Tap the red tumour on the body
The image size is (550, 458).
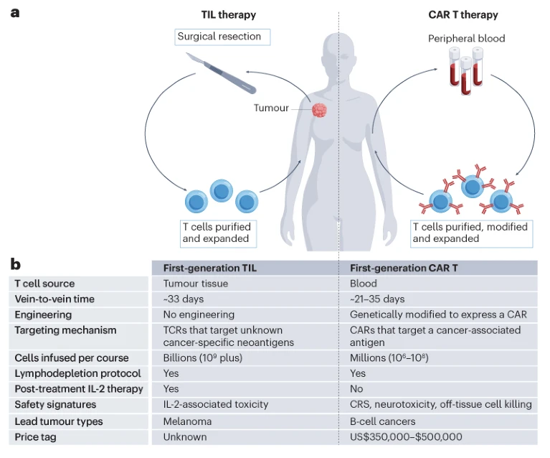[x=319, y=110]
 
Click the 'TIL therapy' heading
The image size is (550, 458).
[x=229, y=14]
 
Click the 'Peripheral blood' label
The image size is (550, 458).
[x=466, y=38]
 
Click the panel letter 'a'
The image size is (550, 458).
[x=15, y=12]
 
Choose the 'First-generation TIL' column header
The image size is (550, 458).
[x=209, y=268]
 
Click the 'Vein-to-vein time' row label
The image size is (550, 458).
[x=54, y=299]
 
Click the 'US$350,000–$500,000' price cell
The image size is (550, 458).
[x=406, y=436]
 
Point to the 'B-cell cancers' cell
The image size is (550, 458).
[x=383, y=421]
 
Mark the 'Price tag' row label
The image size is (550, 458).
[x=37, y=436]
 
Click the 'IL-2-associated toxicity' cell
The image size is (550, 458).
[x=215, y=404]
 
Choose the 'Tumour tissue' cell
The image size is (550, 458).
[x=196, y=284]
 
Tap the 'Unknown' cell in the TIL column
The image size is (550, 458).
[x=184, y=436]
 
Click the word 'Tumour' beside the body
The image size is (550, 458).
[x=271, y=108]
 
